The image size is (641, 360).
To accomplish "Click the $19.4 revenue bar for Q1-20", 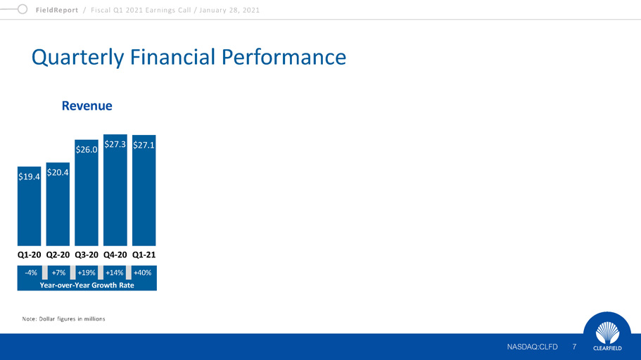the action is [x=29, y=206].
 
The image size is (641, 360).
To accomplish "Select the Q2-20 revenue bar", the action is [x=58, y=204].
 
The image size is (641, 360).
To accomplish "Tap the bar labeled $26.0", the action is [x=87, y=193].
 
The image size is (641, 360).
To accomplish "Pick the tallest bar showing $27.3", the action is [x=115, y=190].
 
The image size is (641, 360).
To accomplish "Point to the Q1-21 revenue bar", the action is [x=144, y=191].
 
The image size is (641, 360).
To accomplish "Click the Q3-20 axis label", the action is [x=87, y=255].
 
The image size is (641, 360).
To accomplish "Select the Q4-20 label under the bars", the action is [x=115, y=255].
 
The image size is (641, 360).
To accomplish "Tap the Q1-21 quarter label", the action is [x=144, y=255].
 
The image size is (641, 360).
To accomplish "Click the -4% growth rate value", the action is [x=31, y=273].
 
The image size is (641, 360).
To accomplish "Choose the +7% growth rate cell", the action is [x=58, y=273].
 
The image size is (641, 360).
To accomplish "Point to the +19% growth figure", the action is [x=87, y=273].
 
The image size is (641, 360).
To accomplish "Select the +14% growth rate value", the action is [x=115, y=273].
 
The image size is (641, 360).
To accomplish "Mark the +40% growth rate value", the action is [x=142, y=273].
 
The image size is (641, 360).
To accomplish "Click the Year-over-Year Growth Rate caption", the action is [x=87, y=285].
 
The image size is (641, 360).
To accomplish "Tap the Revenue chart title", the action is [x=87, y=106].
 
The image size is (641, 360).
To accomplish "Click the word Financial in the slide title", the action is [x=172, y=57].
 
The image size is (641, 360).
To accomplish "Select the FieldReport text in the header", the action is [x=57, y=11].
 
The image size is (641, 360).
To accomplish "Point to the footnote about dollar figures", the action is [x=64, y=319].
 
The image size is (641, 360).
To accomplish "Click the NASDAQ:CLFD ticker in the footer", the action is [x=532, y=347].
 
